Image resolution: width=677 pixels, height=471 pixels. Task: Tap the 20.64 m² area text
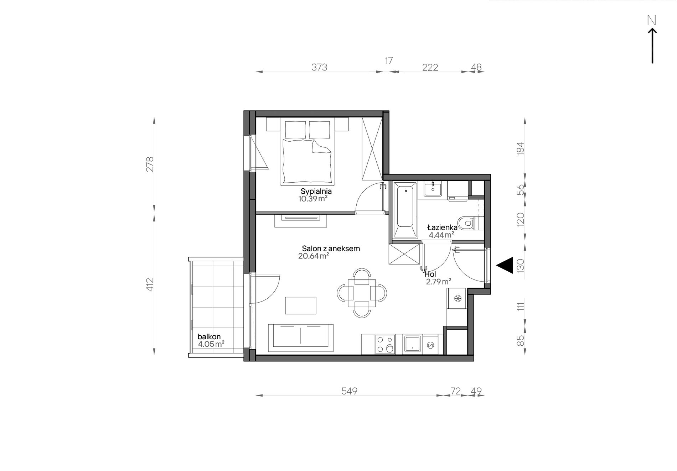313,256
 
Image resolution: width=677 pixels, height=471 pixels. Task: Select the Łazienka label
442,227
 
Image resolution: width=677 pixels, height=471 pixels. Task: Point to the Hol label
430,274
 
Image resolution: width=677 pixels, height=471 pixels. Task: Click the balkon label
209,336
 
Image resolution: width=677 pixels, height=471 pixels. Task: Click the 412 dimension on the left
150,284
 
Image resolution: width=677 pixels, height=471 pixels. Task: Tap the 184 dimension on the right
520,148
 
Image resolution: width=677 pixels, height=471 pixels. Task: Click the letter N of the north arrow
652,21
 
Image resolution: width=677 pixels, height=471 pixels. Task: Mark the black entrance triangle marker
505,265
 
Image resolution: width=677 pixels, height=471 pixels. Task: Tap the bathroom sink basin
433,189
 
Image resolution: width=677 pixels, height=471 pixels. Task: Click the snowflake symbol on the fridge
458,298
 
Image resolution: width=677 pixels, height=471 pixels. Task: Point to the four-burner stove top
385,344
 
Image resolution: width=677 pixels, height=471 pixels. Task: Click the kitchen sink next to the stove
413,344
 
